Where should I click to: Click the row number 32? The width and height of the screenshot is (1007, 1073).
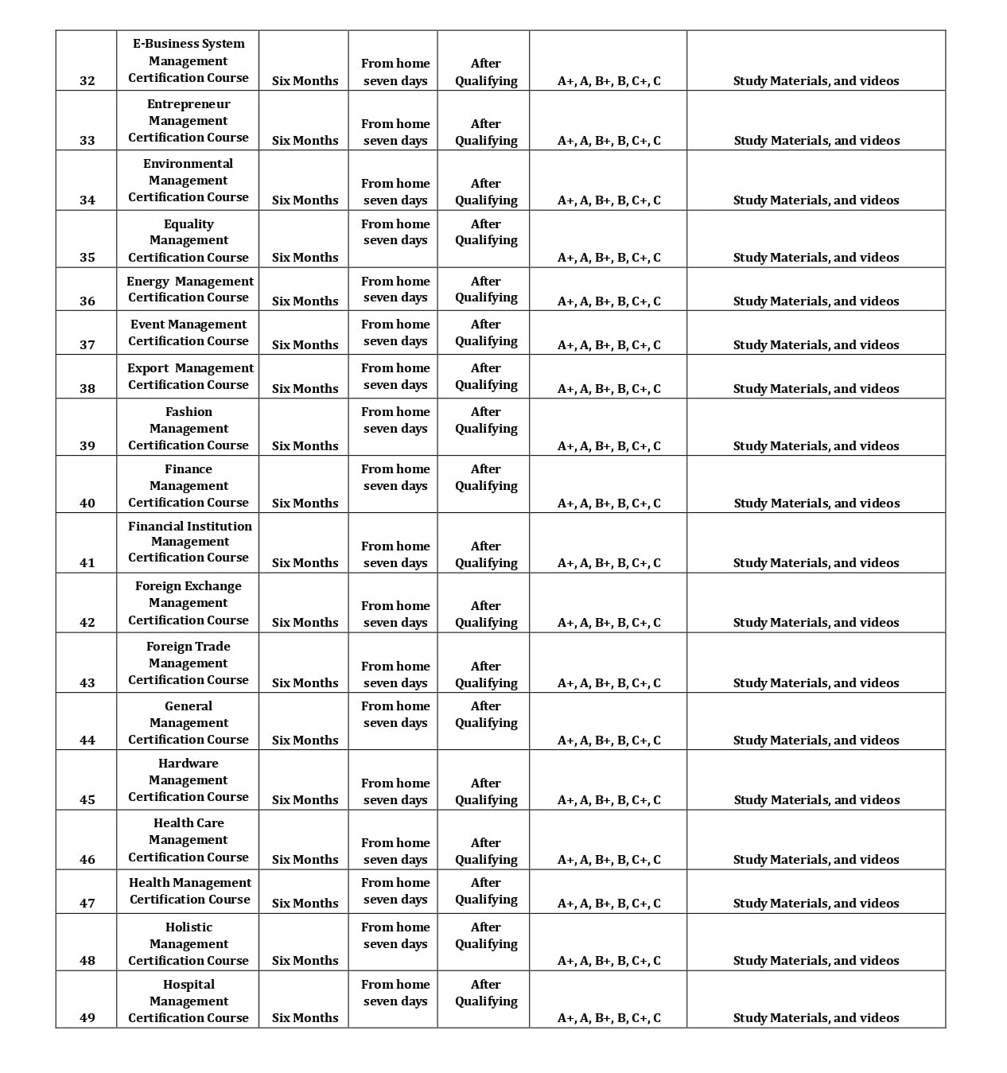pos(87,80)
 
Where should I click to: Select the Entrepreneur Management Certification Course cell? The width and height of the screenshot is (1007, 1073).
pos(188,120)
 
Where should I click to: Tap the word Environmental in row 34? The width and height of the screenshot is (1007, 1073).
pos(188,163)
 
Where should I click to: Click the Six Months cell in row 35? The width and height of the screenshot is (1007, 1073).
pos(305,257)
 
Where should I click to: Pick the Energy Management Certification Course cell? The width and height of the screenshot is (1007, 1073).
pos(189,289)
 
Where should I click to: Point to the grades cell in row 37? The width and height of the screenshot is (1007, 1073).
pos(608,344)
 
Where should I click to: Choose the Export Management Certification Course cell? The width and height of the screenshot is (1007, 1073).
pos(189,376)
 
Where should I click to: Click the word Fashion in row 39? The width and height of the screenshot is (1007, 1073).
pos(189,411)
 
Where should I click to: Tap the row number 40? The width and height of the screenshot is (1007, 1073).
pos(87,503)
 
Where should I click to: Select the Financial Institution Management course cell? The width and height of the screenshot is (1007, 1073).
pos(189,542)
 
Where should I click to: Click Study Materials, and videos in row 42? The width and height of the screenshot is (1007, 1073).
pos(816,622)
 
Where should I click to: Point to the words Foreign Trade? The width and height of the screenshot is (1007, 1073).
pos(188,646)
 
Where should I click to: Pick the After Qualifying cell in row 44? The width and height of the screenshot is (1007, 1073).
pos(485,714)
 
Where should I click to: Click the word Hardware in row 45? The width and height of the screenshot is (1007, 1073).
pos(188,763)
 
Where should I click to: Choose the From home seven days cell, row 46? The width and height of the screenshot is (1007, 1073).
pos(395,850)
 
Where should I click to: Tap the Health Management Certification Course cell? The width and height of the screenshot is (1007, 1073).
pos(189,891)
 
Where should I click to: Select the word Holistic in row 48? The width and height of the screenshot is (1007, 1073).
pos(189,927)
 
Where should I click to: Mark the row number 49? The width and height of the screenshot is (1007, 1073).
pos(87,1017)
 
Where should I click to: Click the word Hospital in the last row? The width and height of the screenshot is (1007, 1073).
pos(189,984)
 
